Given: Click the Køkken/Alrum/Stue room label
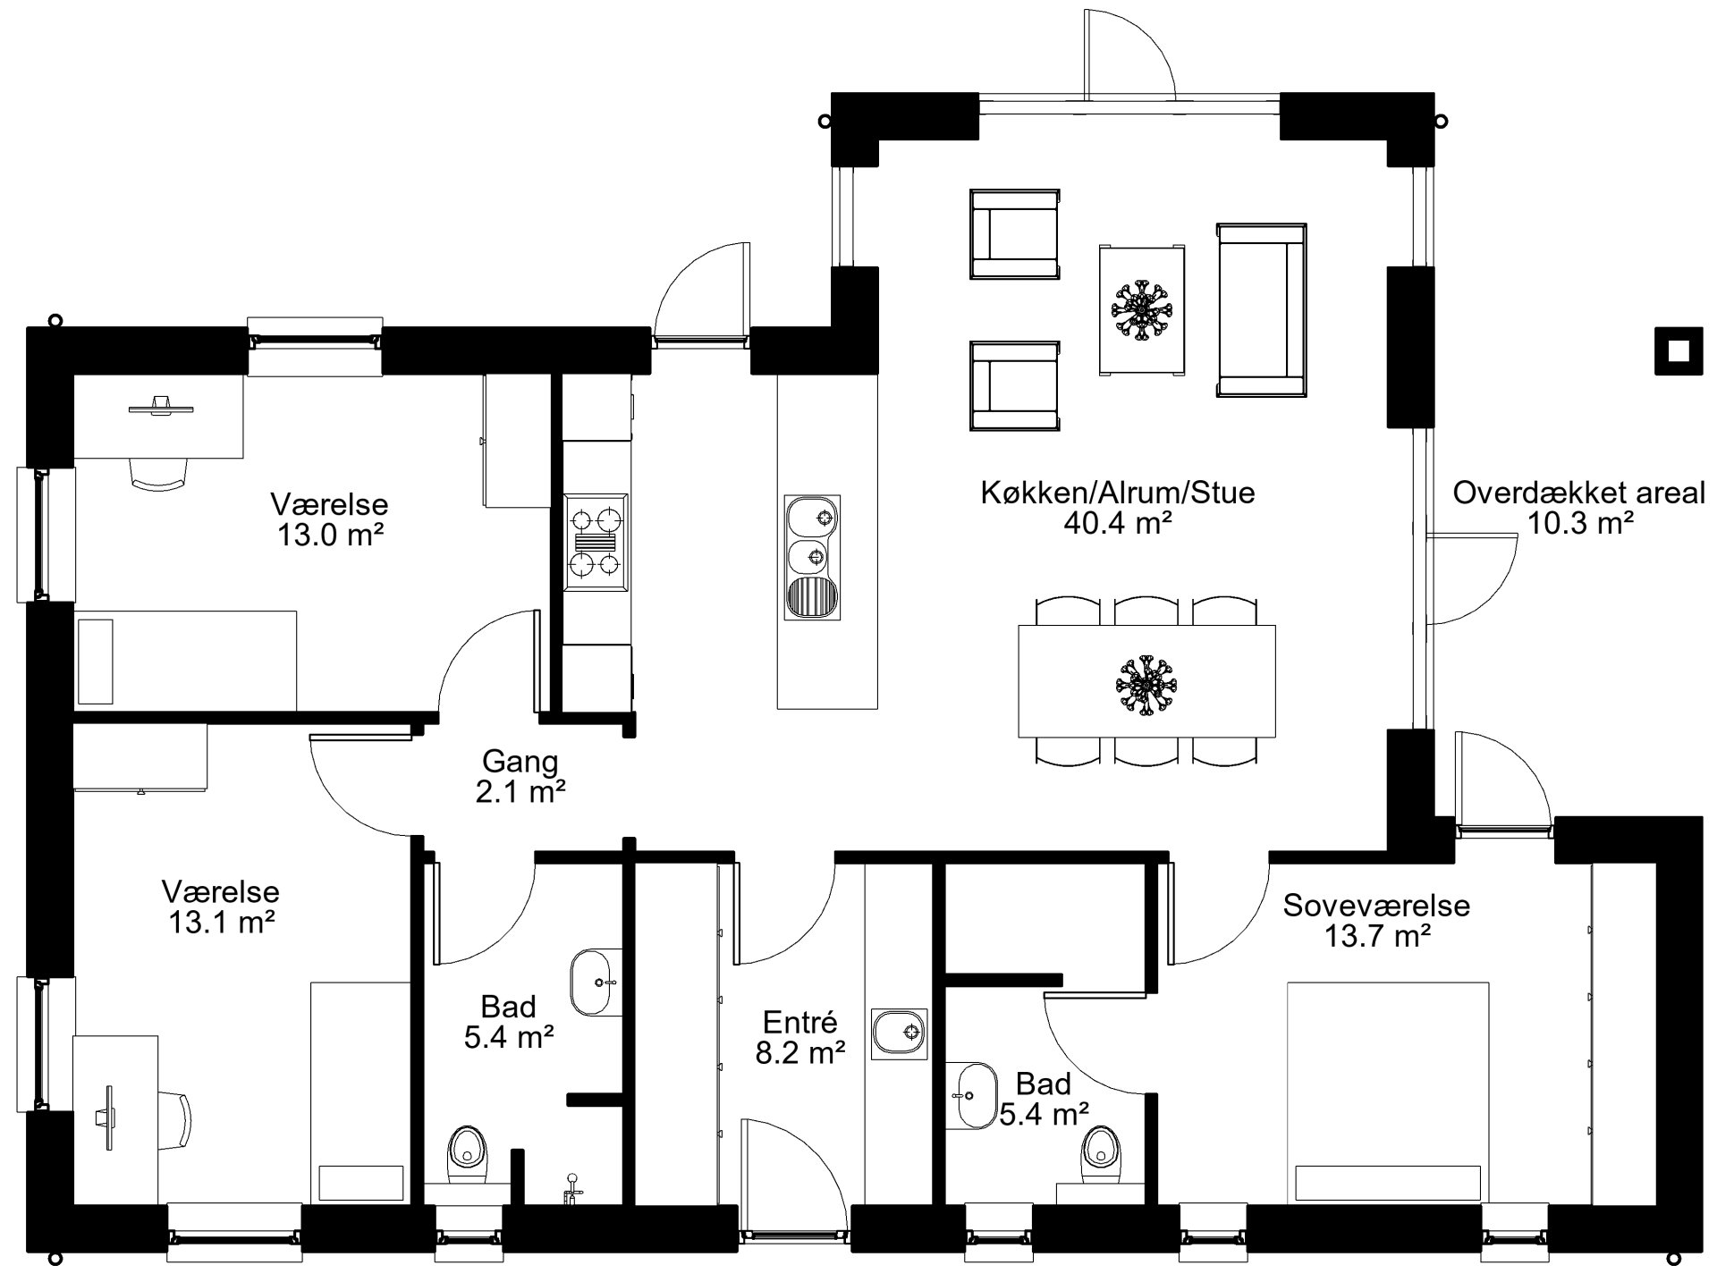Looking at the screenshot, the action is [x=1117, y=493].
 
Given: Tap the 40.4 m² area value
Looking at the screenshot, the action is [x=1118, y=524].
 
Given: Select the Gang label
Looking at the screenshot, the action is [x=520, y=762].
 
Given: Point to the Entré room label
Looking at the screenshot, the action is [x=799, y=1022].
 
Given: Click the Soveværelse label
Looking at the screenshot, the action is [x=1376, y=906].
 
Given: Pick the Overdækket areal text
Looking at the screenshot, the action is [x=1578, y=493].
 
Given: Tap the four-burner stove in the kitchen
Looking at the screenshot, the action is [x=596, y=542].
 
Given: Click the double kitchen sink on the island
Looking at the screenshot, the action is [x=813, y=557].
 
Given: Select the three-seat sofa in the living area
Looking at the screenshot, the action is [x=1261, y=309].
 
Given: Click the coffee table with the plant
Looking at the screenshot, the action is [x=1143, y=309].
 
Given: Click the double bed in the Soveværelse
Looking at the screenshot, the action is [x=1388, y=1092].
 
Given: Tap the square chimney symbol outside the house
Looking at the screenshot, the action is [x=1679, y=351].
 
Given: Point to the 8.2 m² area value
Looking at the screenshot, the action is [x=800, y=1053].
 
